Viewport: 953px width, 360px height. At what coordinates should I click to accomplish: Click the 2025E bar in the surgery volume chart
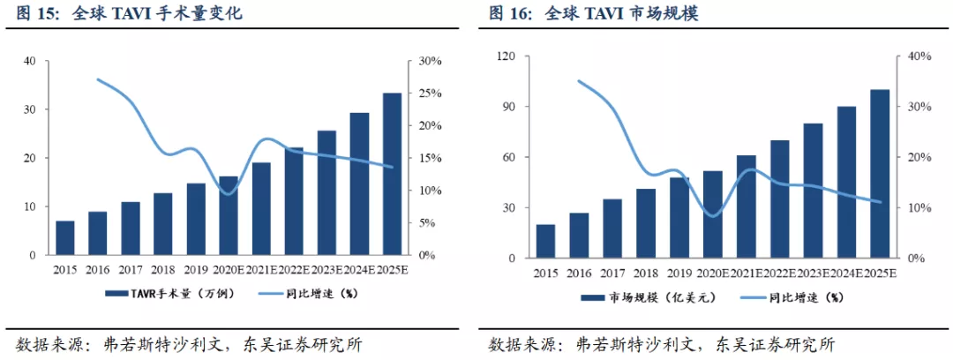[x=392, y=174]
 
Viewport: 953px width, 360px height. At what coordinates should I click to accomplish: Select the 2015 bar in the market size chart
[x=546, y=242]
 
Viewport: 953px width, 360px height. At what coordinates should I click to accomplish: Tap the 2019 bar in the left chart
[x=196, y=220]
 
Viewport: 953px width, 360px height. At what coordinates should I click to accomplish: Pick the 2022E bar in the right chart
[x=780, y=199]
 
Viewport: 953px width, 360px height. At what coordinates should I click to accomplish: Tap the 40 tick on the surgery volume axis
[x=30, y=61]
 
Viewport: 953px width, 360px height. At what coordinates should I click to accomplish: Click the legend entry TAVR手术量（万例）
[x=169, y=294]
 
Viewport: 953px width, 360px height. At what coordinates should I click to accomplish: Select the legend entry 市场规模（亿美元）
[x=645, y=298]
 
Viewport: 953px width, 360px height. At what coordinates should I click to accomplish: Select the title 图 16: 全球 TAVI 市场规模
[x=593, y=13]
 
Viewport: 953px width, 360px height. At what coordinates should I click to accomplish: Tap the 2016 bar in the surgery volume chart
[x=97, y=234]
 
